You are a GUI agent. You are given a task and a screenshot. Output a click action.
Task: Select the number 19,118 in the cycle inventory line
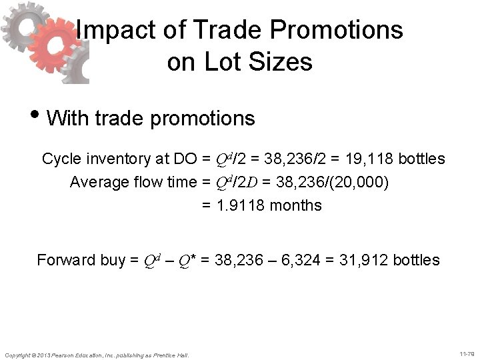pos(366,159)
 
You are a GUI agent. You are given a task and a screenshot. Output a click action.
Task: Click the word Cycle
pos(62,159)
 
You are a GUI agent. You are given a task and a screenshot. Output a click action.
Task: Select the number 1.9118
pos(243,205)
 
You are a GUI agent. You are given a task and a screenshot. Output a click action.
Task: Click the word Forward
pos(65,260)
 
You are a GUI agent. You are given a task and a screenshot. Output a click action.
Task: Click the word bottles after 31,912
pos(417,260)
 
